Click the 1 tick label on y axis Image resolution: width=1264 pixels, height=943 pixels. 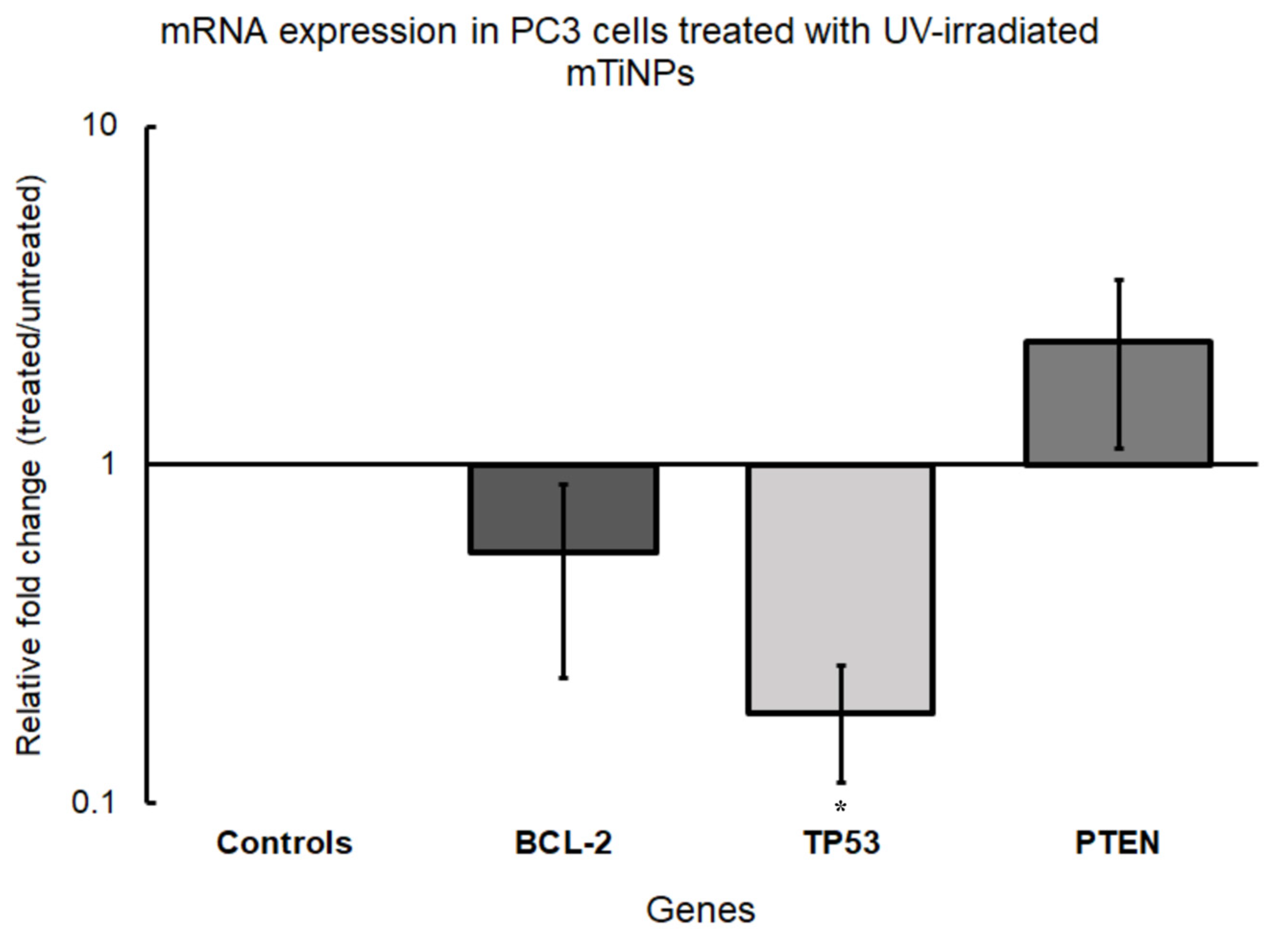click(107, 464)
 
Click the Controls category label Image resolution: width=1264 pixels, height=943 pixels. click(284, 843)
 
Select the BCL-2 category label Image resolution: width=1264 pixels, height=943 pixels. click(563, 843)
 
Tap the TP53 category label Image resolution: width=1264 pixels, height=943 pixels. click(842, 843)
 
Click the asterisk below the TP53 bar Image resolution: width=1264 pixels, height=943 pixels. click(841, 807)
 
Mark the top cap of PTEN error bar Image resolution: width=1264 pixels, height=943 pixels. click(1120, 280)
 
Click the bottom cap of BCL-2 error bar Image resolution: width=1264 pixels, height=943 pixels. click(563, 677)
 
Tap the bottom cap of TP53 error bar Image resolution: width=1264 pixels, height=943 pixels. click(841, 782)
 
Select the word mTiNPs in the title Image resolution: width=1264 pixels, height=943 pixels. click(630, 73)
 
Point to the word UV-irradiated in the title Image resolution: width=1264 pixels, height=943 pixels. click(990, 31)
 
